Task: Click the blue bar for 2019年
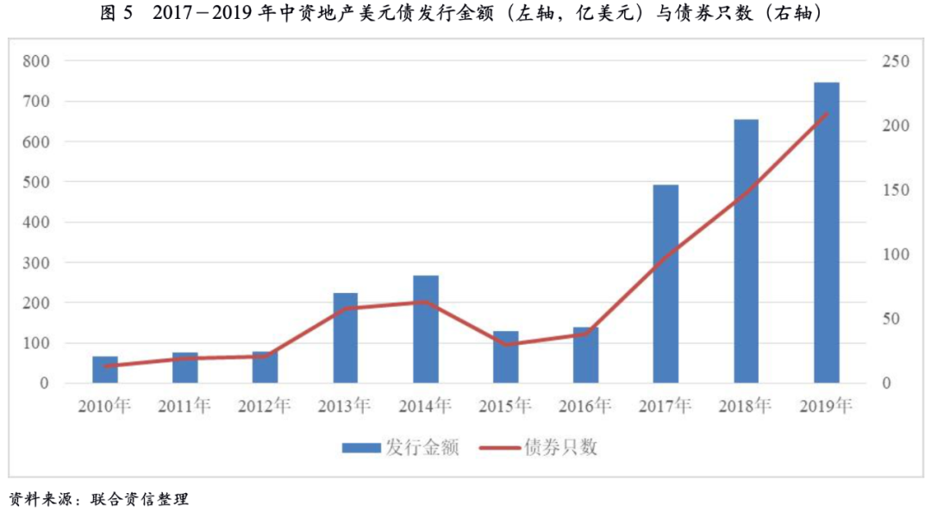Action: point(826,233)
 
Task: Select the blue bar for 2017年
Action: point(665,284)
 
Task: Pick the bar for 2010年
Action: point(105,370)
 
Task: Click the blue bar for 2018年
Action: point(746,251)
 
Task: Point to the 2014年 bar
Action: point(425,329)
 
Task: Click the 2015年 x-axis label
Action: point(505,405)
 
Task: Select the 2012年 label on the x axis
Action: point(265,405)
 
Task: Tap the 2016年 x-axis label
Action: point(585,405)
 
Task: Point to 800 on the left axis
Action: point(37,61)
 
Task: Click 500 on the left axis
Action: point(37,182)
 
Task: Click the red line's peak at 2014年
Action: point(425,302)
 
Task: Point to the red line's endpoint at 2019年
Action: point(826,114)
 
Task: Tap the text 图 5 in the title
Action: point(118,15)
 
